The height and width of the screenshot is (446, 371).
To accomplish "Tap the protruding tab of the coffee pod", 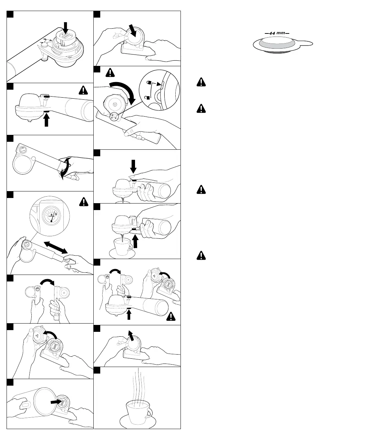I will coord(306,43).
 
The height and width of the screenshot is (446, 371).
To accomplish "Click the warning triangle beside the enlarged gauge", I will coord(84,201).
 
